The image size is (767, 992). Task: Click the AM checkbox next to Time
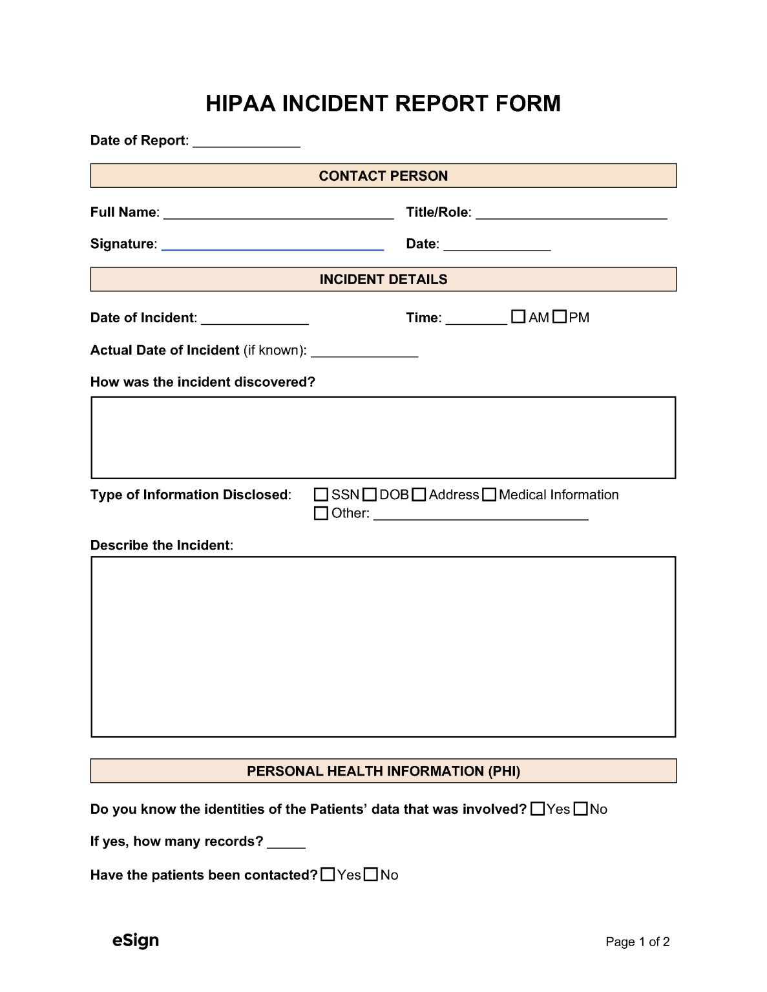[518, 317]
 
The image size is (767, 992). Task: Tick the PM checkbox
[560, 317]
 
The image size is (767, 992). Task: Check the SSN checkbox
[321, 495]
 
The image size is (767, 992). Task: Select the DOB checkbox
[370, 495]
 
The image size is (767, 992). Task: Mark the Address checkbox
[419, 495]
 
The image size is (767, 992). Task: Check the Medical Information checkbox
[489, 495]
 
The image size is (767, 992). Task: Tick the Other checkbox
[321, 513]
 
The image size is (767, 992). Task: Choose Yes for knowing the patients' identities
[538, 809]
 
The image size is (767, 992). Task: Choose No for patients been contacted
[371, 875]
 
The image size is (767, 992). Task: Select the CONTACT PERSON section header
[383, 176]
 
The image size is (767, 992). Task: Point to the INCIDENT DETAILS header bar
[383, 279]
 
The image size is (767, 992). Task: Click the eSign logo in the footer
[136, 940]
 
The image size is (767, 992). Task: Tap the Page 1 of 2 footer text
[637, 942]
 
